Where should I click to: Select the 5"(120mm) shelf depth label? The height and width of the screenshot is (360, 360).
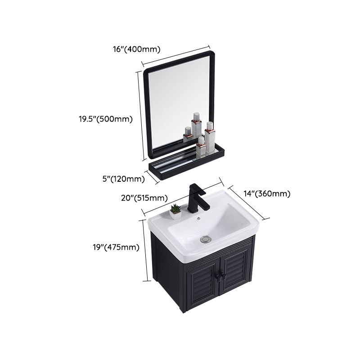pyautogui.click(x=124, y=179)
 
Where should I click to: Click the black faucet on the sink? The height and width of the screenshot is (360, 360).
pyautogui.click(x=198, y=198)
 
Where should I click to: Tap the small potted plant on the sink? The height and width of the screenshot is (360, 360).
pyautogui.click(x=175, y=211)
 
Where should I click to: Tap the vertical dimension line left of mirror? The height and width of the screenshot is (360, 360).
pyautogui.click(x=142, y=115)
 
